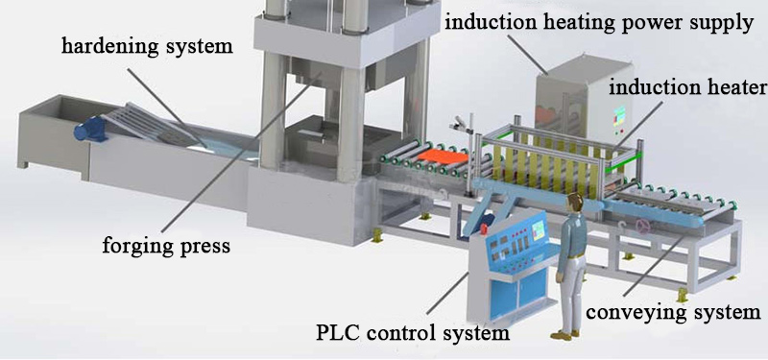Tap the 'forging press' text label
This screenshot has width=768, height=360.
[x=166, y=245]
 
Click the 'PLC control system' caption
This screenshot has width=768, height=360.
[x=412, y=334]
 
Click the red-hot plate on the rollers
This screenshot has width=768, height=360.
[x=442, y=153]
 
